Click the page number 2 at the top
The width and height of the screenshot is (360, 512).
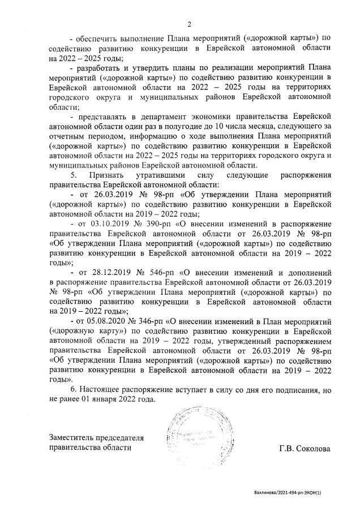click(190, 24)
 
